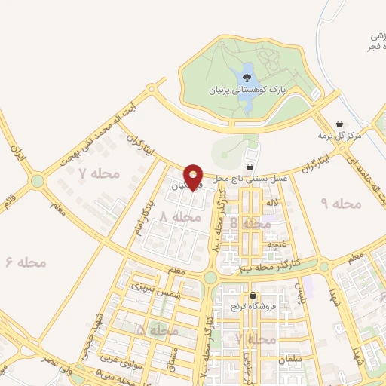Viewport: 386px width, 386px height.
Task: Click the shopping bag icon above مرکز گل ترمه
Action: point(340,124)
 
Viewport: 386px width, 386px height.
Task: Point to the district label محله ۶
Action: point(26,262)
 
